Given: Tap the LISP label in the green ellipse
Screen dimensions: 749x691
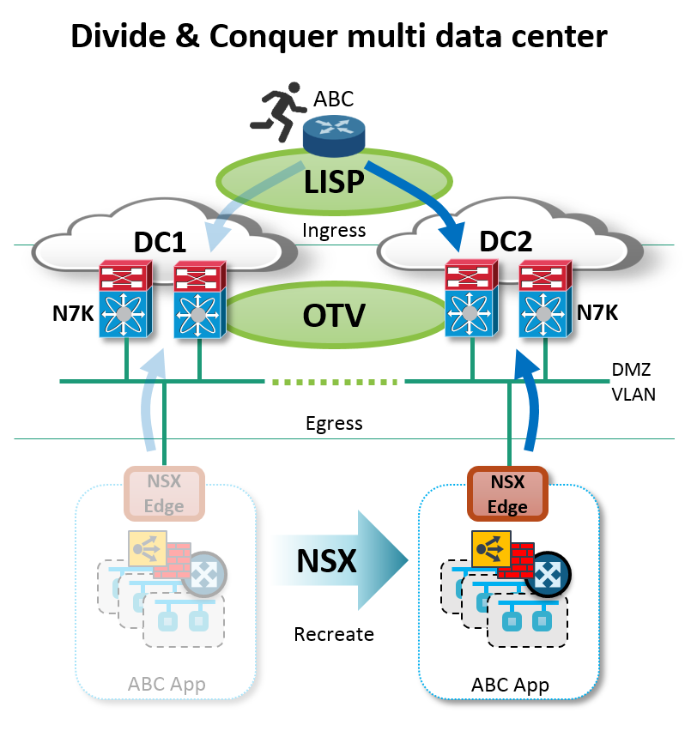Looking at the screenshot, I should coord(333,181).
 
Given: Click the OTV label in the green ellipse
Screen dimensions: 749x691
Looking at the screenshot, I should coord(333,315).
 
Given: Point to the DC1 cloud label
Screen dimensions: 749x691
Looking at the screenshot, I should coord(161,243).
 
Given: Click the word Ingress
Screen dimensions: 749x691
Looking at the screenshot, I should coord(334,230).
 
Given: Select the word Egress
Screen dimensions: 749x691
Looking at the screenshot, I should coord(334,423).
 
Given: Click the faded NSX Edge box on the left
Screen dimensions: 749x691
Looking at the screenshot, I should coord(164,493).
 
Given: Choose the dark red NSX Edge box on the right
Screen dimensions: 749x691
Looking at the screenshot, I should coord(506,493).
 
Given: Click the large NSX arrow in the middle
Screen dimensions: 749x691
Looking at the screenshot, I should coord(340,560).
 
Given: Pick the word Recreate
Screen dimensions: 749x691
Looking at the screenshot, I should coord(334,635).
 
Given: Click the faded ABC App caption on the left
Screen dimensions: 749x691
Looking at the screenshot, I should coord(167,685).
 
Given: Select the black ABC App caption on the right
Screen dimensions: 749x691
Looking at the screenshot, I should coord(510,685).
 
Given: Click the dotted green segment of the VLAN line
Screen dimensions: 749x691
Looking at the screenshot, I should coord(334,380).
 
